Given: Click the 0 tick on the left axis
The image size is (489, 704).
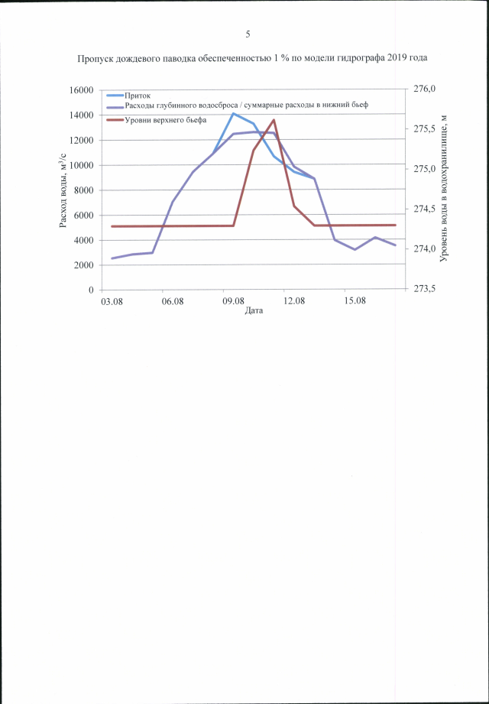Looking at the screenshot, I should click(x=90, y=290).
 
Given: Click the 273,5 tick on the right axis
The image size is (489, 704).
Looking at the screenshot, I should click(x=424, y=290).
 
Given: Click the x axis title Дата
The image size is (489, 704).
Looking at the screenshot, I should click(x=254, y=312).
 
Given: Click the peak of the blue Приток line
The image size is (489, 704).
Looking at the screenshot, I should click(x=234, y=113).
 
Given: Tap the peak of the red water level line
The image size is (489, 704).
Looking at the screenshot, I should click(x=274, y=119).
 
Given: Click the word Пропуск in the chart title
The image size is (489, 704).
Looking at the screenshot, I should click(x=95, y=58).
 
